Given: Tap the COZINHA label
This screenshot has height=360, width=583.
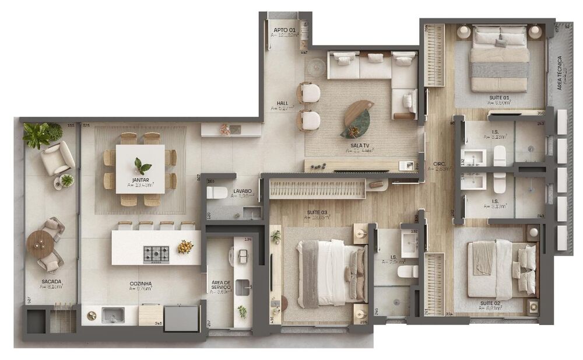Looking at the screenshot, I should (x=141, y=284).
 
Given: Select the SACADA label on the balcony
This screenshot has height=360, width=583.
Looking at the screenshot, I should (x=51, y=281).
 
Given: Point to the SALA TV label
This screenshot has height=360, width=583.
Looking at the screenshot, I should (x=359, y=145).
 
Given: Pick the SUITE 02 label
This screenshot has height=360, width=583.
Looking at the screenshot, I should (x=491, y=303).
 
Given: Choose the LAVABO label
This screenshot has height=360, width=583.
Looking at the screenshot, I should (x=242, y=191).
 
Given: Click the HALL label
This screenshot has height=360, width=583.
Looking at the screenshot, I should (x=283, y=103).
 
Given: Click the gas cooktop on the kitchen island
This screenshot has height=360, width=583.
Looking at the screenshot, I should (x=156, y=253).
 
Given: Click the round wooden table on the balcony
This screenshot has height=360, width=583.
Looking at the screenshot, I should (x=40, y=243).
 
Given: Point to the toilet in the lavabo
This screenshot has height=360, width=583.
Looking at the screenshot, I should (x=217, y=193).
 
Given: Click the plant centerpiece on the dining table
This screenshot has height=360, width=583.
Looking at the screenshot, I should (x=140, y=165).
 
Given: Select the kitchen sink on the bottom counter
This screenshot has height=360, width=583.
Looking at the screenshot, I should (x=113, y=315).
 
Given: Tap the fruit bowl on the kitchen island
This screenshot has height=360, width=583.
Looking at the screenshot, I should (x=185, y=247).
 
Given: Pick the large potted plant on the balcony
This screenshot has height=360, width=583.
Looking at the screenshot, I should (x=37, y=135).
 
